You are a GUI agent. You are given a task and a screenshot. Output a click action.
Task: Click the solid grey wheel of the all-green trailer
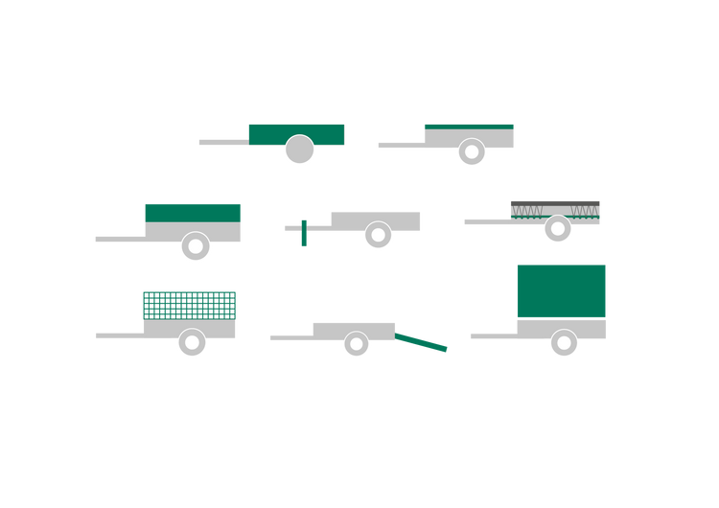coord(299,150)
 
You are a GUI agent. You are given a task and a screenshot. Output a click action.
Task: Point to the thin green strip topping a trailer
coord(469,126)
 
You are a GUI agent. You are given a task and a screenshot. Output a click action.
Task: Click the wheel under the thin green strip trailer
coord(472,151)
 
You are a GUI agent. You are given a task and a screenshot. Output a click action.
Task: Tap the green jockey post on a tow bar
coord(304,235)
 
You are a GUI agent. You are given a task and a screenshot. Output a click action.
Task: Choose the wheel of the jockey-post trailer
coord(378,235)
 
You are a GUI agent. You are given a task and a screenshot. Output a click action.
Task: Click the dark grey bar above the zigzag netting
coord(555,202)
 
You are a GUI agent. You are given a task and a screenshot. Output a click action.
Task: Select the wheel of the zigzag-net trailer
coord(558,229)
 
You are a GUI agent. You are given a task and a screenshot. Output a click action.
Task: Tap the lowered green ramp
coord(422,342)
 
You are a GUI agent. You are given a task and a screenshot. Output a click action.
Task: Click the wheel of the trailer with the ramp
coord(357,343)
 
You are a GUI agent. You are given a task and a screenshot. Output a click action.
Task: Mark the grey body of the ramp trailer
coord(354,328)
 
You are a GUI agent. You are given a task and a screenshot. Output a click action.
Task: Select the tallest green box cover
coord(561,289)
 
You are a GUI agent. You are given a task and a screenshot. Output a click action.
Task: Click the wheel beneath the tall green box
coord(564,343)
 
